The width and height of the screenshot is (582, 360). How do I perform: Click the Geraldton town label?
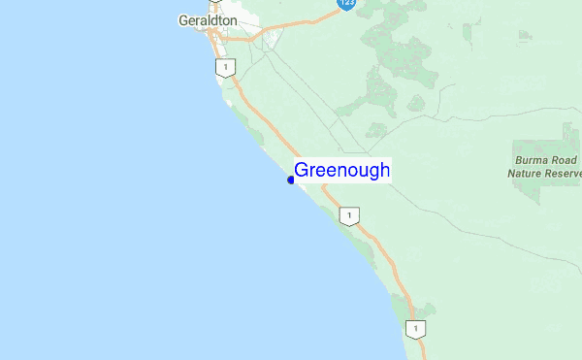[208, 19]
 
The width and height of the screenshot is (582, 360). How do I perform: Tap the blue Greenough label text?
[341, 171]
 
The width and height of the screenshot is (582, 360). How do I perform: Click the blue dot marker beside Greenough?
[291, 180]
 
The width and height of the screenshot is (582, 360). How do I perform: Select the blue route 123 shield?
[345, 4]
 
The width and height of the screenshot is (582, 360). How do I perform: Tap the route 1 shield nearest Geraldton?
[225, 68]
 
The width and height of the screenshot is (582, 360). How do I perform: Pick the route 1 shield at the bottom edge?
[416, 330]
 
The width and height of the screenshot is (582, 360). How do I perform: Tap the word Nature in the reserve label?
[528, 174]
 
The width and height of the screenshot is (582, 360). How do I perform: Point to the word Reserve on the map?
[566, 174]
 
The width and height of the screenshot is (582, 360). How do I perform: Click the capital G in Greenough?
[302, 171]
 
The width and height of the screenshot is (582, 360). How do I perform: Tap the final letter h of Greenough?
[385, 171]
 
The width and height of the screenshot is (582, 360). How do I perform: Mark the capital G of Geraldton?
[184, 19]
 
